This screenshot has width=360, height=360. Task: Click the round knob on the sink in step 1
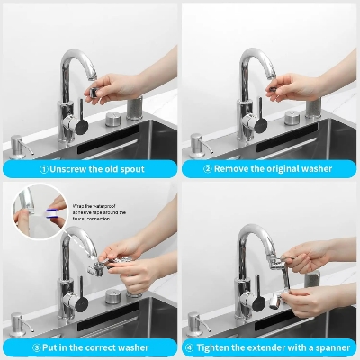113,118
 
